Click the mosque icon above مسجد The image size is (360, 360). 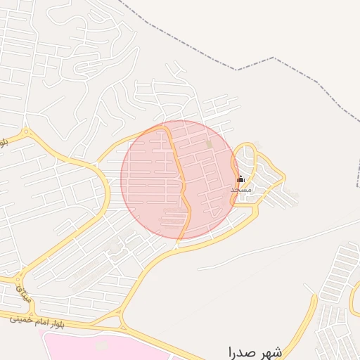point(240,179)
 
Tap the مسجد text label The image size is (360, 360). point(240,189)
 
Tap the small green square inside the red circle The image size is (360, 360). point(208,144)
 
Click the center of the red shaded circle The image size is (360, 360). point(180,179)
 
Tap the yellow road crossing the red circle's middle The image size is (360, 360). point(181,186)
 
